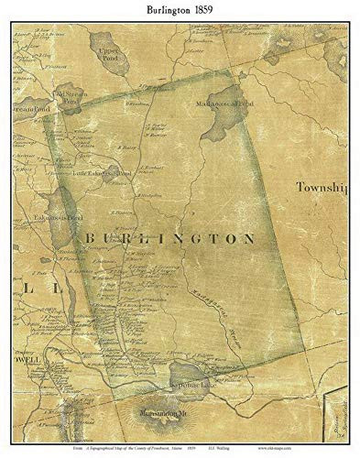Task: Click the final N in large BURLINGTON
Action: point(249,238)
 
